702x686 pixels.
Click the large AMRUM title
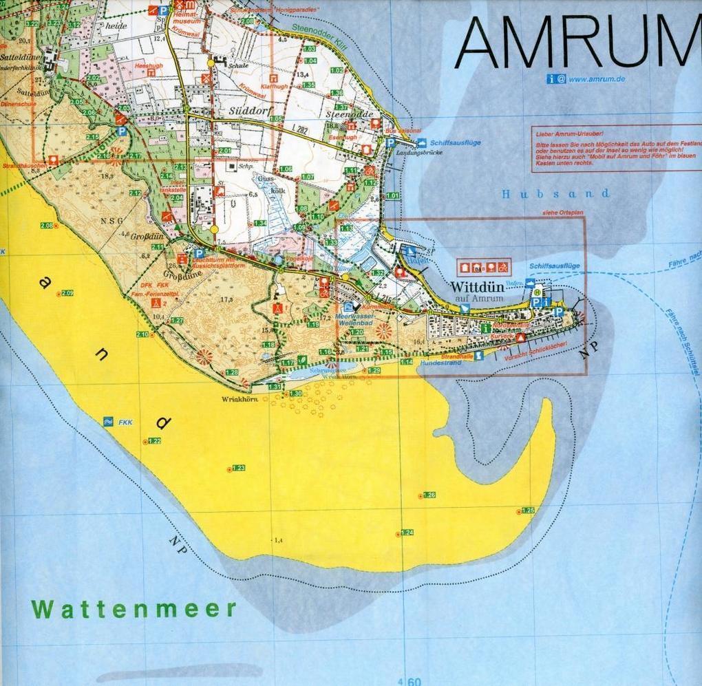point(577,43)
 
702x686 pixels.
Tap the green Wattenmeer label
point(134,609)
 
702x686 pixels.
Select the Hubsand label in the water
point(555,194)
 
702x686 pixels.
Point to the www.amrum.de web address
point(597,79)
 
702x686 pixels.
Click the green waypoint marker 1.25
point(528,511)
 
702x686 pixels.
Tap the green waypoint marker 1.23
point(238,468)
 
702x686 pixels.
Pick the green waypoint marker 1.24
point(406,533)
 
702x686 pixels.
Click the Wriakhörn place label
point(235,399)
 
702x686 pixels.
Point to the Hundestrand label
point(440,362)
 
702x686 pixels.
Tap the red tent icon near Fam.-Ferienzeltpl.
point(157,303)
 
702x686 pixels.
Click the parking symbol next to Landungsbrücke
point(390,142)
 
